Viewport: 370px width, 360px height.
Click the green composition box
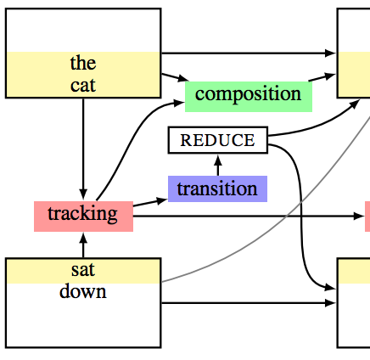249,97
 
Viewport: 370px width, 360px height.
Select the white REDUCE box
218,140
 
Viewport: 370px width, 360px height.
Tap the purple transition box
217,188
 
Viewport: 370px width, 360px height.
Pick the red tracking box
83,217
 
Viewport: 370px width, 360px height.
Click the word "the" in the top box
83,63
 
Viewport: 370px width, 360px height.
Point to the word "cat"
83,85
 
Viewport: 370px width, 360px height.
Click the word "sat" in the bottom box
83,270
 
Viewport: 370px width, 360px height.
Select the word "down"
83,291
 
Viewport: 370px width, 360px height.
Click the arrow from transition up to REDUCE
218,166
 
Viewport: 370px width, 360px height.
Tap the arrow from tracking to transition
150,202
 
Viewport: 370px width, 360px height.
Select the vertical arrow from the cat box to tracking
83,149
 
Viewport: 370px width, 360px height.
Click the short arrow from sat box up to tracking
83,245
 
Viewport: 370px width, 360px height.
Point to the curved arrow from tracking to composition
129,142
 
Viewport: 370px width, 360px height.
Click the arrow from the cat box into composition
175,77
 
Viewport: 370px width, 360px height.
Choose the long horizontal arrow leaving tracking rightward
249,217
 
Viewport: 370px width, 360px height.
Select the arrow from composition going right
322,77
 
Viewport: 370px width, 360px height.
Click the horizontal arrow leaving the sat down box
249,303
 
